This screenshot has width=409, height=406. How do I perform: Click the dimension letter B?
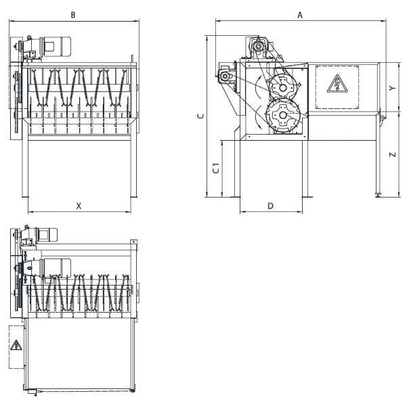click(73, 15)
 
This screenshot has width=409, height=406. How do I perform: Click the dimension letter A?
click(300, 15)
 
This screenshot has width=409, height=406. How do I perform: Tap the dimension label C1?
click(216, 168)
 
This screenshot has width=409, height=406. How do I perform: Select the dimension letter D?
click(270, 206)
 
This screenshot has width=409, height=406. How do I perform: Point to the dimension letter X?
click(79, 206)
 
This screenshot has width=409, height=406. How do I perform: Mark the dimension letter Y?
click(392, 88)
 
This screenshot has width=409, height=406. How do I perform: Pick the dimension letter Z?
click(392, 154)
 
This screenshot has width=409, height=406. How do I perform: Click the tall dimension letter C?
click(200, 116)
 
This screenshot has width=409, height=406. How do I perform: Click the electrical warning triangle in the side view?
click(337, 84)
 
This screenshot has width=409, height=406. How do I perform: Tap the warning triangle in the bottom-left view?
click(16, 345)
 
